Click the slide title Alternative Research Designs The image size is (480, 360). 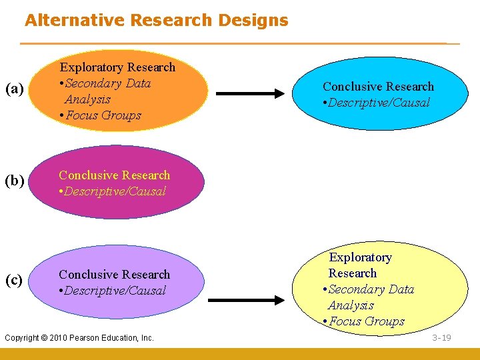tap(157, 20)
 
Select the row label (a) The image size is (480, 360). tap(15, 89)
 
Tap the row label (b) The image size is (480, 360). tap(15, 181)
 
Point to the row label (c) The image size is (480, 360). tap(15, 280)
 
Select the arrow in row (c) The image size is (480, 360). tap(246, 300)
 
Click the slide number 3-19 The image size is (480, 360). tap(441, 337)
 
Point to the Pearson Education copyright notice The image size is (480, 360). tap(79, 338)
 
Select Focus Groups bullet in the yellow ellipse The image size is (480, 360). tap(366, 321)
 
